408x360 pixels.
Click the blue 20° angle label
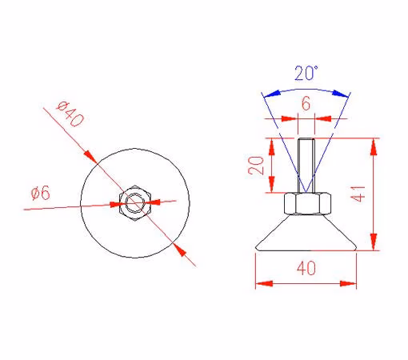click(x=306, y=73)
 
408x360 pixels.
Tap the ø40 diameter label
click(x=70, y=114)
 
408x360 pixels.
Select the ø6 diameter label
click(x=41, y=193)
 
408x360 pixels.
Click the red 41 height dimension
click(x=358, y=194)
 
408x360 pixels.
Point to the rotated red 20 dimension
click(x=256, y=166)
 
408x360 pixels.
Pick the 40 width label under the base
click(x=306, y=268)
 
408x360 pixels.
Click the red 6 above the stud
click(x=306, y=103)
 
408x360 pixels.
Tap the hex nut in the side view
click(x=308, y=203)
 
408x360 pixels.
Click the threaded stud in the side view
click(x=306, y=166)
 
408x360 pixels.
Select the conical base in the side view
click(x=306, y=233)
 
